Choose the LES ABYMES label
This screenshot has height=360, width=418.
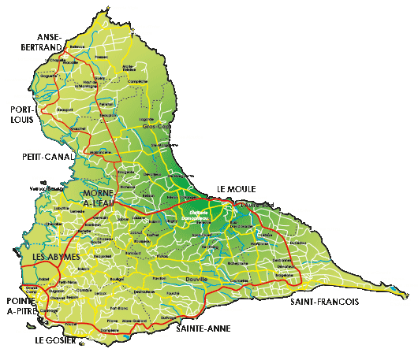(x=47, y=258)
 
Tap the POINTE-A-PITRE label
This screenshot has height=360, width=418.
(x=18, y=306)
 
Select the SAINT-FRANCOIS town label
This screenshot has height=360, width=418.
(x=325, y=302)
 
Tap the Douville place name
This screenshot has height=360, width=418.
(x=195, y=279)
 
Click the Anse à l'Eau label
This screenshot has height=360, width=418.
(x=326, y=229)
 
